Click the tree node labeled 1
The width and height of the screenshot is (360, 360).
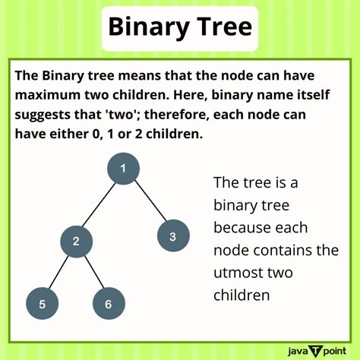click(122, 169)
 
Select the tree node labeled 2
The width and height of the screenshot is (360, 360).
click(76, 242)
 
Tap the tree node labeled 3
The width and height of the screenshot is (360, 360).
click(172, 236)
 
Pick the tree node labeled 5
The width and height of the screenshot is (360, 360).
click(43, 304)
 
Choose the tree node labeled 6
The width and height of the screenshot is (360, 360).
click(108, 304)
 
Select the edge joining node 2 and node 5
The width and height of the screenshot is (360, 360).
click(59, 273)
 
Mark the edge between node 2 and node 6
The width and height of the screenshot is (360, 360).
click(92, 273)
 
